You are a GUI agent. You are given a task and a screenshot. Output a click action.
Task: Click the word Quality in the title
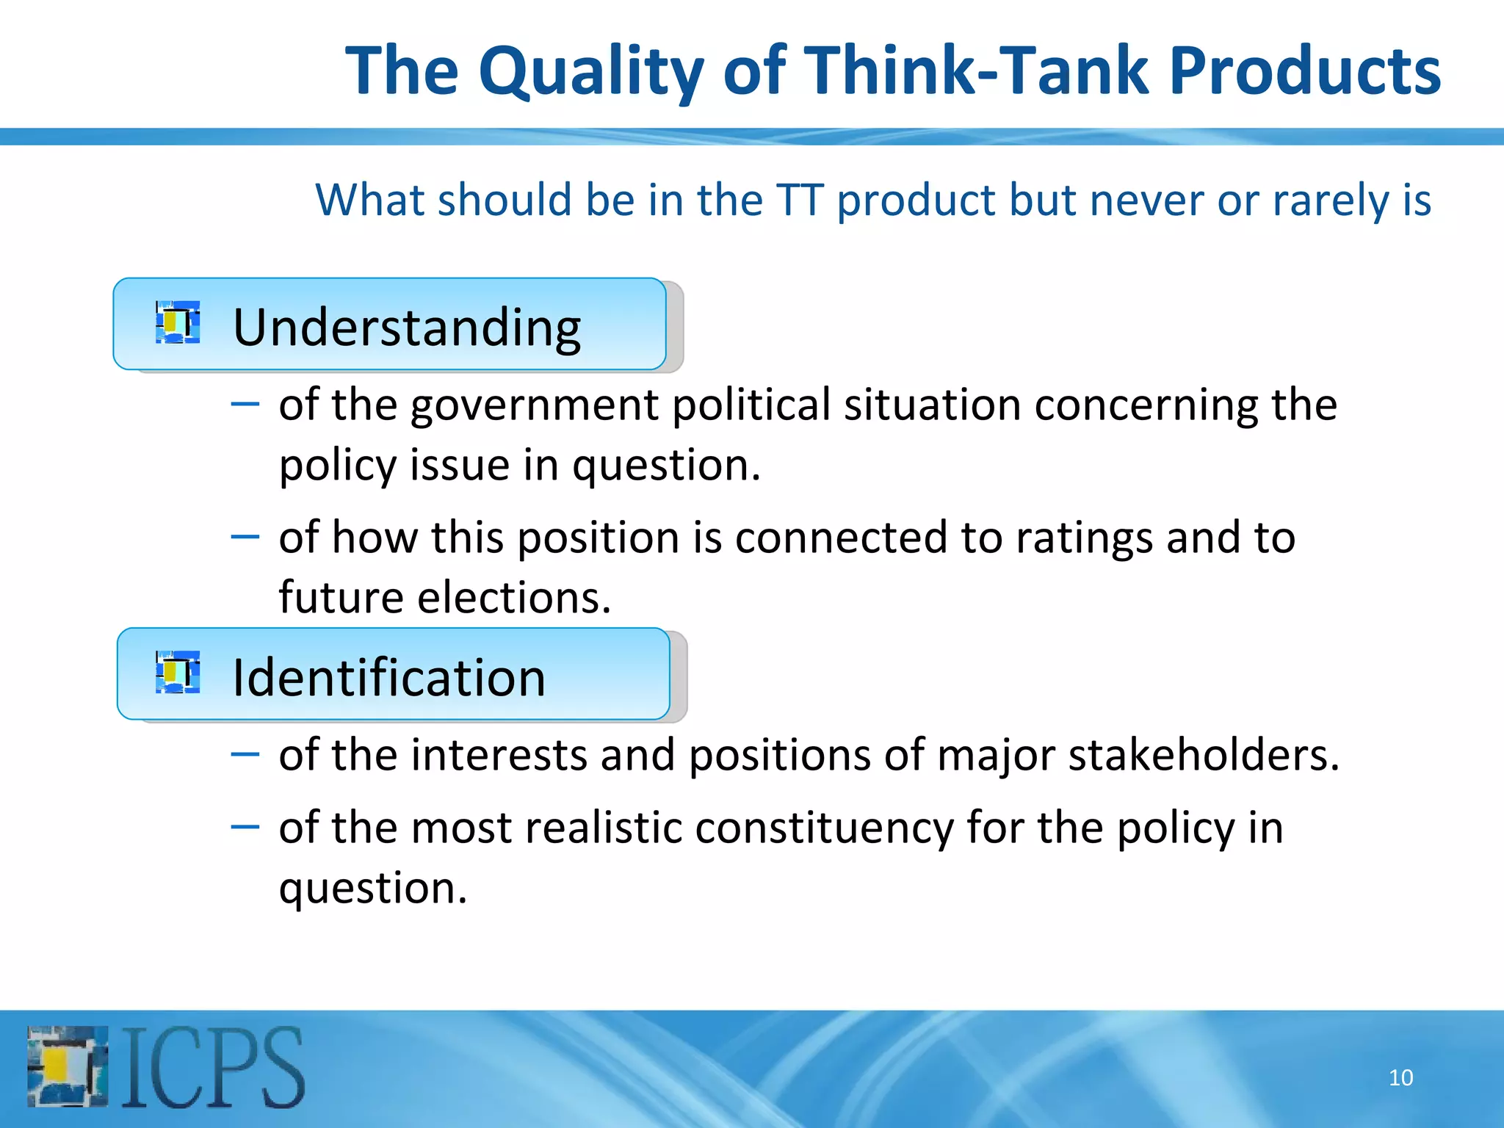(x=591, y=72)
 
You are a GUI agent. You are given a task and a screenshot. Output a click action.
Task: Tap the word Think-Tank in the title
(x=977, y=70)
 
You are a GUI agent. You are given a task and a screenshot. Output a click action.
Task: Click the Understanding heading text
(x=407, y=328)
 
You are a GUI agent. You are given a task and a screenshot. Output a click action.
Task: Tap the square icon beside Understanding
(x=178, y=322)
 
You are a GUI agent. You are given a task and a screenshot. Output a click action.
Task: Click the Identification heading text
(x=388, y=677)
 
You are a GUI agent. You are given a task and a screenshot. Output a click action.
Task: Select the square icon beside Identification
(x=178, y=672)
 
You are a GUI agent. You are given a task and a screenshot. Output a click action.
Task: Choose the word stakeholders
(x=1204, y=755)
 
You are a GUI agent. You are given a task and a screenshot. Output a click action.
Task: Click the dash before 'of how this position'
(x=245, y=537)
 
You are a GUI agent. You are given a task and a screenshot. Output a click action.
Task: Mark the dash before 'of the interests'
(x=245, y=754)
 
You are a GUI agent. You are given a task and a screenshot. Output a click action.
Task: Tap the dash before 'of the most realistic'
(x=245, y=827)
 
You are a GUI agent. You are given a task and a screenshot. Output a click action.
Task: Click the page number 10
(x=1400, y=1077)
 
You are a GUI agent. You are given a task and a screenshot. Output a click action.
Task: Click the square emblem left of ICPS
(x=68, y=1066)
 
